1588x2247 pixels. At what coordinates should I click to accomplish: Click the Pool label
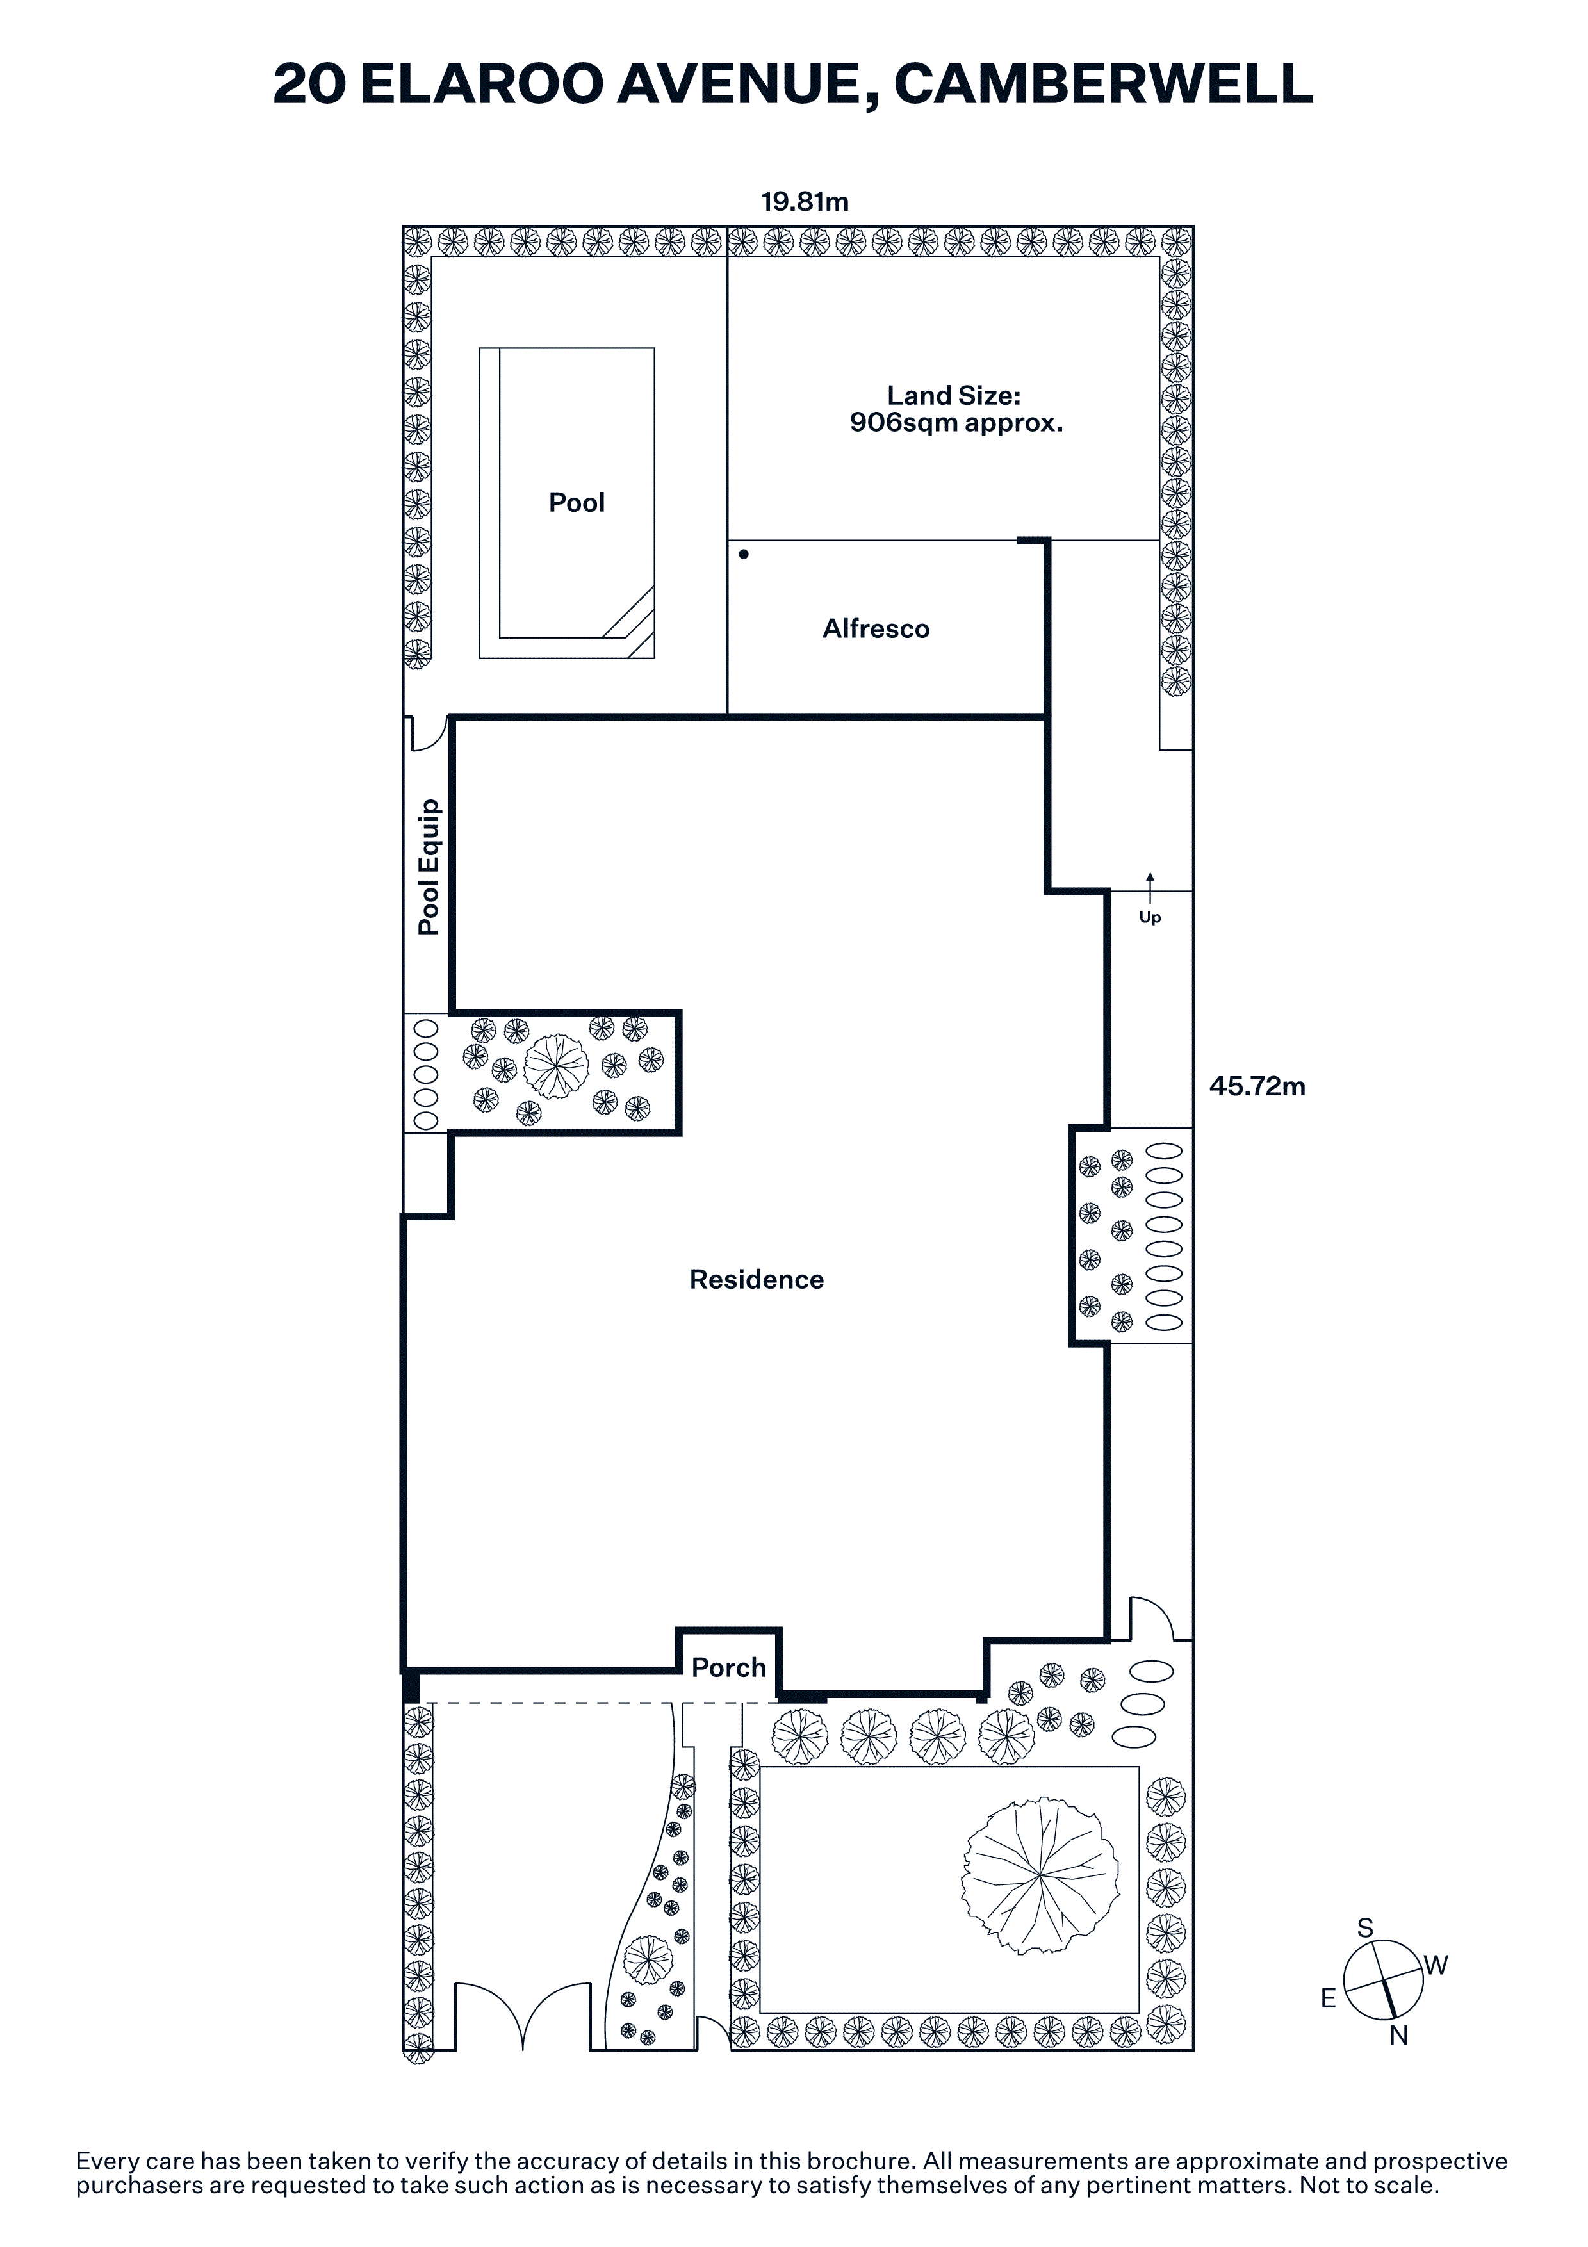577,502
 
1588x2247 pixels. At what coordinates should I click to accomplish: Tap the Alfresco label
876,628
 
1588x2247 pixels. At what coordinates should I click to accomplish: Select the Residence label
757,1279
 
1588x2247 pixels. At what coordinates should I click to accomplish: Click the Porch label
729,1667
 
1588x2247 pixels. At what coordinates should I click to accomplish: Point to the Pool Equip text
429,867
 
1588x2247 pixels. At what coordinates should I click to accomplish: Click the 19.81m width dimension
805,202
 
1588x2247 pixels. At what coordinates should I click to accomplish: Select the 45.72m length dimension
1257,1086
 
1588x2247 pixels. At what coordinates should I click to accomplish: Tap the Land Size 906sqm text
956,409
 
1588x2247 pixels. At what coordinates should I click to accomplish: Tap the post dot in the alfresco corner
744,554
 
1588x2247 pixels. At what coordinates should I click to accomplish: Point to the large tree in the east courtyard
556,1066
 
